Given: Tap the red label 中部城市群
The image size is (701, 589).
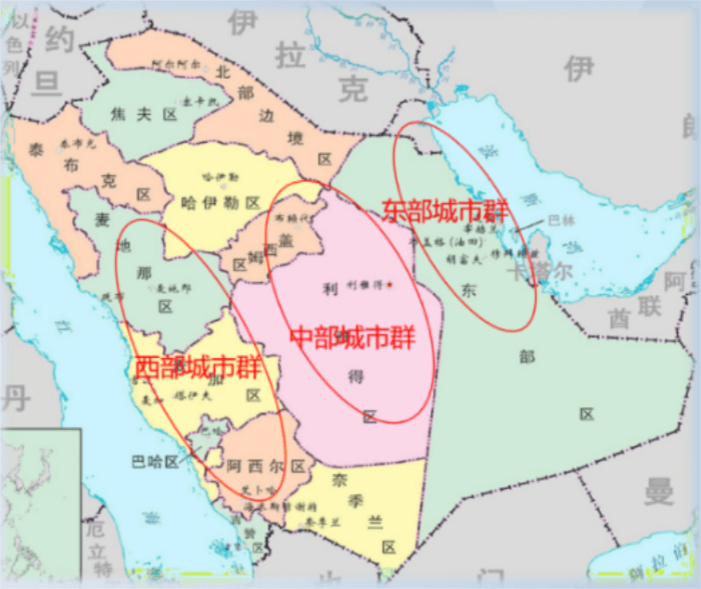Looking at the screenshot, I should click(353, 338).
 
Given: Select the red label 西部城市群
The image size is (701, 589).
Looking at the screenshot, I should click(197, 367).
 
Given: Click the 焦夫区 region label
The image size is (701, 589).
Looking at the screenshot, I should click(143, 116).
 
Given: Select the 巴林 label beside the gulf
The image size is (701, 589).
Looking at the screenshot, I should click(561, 220).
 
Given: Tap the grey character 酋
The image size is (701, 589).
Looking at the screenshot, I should click(620, 319).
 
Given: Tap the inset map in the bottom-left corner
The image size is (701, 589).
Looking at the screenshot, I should click(41, 504).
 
